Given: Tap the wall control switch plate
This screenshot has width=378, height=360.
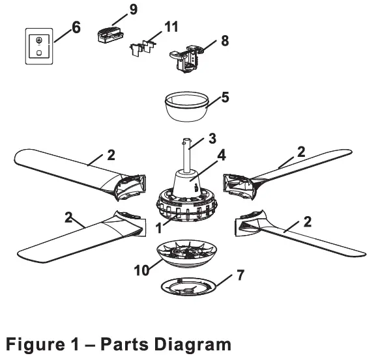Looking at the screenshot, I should point(39,46).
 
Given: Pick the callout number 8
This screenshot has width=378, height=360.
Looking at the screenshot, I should point(225,40).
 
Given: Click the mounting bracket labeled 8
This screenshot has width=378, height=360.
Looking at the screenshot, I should point(188,57).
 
